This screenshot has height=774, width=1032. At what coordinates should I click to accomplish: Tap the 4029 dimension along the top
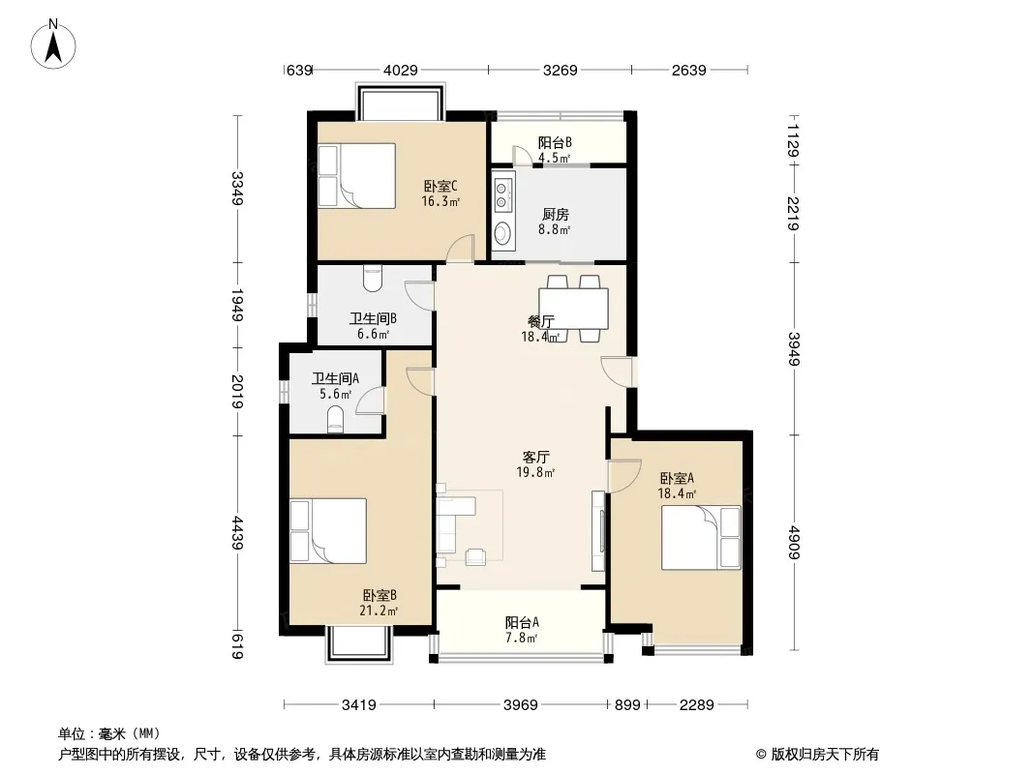coord(401,70)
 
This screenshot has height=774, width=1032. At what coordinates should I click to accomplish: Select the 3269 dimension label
coord(561,70)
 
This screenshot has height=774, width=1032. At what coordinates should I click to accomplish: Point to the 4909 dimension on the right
coord(794,543)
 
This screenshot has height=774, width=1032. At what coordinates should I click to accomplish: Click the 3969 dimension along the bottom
coord(521,705)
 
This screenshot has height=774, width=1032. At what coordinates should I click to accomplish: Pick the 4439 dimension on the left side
coord(237,534)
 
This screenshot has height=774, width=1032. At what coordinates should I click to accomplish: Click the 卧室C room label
coord(440,186)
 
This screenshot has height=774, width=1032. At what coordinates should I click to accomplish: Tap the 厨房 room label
coord(555,215)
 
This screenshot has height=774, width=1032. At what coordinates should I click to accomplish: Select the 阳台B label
coord(555,142)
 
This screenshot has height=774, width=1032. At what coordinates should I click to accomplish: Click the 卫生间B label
coord(373,319)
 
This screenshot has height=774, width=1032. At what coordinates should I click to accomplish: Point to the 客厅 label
coord(535,457)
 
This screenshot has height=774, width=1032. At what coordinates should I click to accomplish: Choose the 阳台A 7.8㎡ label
coord(523,629)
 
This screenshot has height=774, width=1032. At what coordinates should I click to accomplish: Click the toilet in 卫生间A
coord(336,419)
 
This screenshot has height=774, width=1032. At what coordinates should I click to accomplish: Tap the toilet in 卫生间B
coord(373,278)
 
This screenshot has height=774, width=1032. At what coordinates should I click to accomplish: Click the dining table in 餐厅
coord(573,309)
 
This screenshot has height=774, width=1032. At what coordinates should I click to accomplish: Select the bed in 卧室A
coord(701,537)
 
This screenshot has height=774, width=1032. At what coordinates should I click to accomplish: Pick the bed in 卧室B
coord(328,531)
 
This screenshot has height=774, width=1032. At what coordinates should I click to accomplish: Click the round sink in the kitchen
coord(502,232)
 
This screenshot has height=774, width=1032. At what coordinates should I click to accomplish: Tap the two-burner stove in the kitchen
coord(502,195)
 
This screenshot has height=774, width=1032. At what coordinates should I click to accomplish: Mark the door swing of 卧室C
coord(460,248)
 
